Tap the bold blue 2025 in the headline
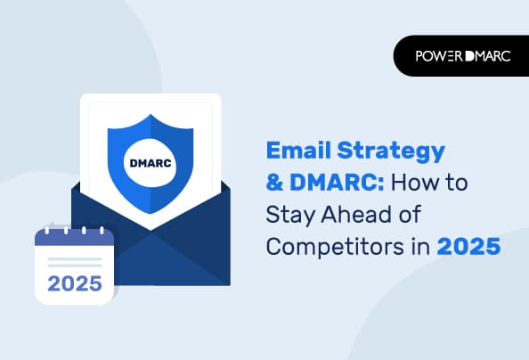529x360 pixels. coord(468,245)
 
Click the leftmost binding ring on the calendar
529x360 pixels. coord(46,231)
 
